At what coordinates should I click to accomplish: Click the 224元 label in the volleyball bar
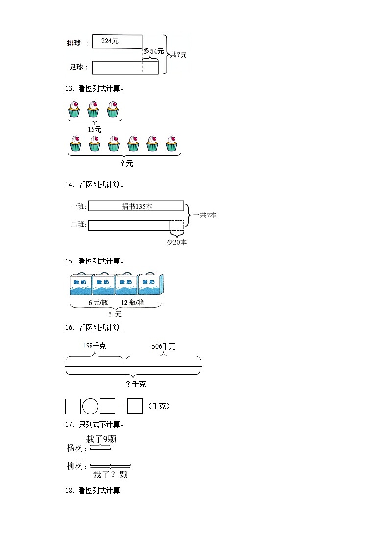110,41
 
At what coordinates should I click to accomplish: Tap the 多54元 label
153,51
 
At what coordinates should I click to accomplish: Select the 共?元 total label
178,55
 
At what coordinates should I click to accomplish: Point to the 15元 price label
94,129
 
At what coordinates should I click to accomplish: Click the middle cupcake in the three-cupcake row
93,109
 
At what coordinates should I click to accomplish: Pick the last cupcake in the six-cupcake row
171,143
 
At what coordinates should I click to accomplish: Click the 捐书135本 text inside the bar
137,206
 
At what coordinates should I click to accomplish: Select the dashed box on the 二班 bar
177,225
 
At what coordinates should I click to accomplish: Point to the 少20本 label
176,242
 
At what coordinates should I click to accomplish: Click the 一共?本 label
204,215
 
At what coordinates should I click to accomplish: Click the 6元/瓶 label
97,303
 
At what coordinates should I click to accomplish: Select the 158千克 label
95,346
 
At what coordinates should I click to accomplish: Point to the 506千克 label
164,346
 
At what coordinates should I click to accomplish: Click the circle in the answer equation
91,407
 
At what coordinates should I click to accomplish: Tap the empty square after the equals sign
135,407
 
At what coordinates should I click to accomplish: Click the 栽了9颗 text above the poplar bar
101,439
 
